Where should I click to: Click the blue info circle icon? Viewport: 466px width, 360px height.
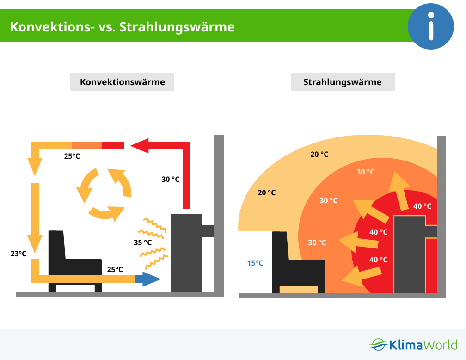click(x=431, y=26)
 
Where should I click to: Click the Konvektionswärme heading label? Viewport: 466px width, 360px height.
click(x=122, y=82)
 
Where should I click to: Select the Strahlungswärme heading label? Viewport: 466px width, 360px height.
click(x=343, y=82)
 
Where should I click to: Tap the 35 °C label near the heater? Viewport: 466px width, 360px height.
click(x=143, y=242)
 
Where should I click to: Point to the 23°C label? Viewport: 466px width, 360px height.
click(x=18, y=254)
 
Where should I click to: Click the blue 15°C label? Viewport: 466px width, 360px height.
click(x=255, y=263)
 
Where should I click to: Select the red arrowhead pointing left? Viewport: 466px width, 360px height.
click(x=140, y=146)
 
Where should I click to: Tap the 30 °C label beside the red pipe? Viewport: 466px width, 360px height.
click(x=170, y=179)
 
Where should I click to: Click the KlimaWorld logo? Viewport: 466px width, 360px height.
click(x=413, y=345)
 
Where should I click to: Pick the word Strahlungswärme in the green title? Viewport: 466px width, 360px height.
click(x=177, y=27)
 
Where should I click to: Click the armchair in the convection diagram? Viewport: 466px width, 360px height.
click(x=75, y=261)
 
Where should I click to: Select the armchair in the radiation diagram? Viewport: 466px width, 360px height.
click(x=299, y=262)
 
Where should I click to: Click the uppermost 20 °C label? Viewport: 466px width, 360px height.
click(x=319, y=154)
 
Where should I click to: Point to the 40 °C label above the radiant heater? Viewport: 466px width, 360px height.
click(x=423, y=206)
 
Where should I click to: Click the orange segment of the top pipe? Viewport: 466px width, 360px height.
click(x=87, y=146)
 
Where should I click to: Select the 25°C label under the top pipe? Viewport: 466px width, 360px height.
click(x=72, y=156)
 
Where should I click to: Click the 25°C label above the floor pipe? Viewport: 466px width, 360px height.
click(x=115, y=269)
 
